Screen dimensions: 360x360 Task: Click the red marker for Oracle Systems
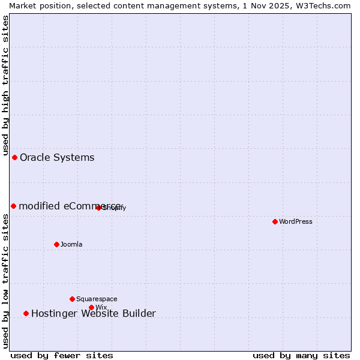tap(14, 157)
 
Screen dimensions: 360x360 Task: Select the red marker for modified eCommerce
tap(13, 206)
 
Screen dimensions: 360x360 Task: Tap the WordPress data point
tap(275, 221)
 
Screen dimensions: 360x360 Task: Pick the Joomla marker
tap(56, 244)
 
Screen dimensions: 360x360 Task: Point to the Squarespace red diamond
tap(72, 299)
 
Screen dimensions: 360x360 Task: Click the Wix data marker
tap(91, 307)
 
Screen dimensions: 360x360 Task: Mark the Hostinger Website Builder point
tap(26, 313)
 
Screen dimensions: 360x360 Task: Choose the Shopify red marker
tap(98, 208)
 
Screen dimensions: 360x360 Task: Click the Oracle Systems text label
tap(57, 158)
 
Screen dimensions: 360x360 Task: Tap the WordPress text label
tap(296, 222)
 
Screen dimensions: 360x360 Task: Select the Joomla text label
tap(71, 245)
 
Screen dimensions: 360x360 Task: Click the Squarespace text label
tap(97, 299)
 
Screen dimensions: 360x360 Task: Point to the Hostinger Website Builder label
tap(93, 314)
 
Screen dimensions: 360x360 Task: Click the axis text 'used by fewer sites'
tap(62, 356)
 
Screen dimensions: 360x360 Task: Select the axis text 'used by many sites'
tap(301, 356)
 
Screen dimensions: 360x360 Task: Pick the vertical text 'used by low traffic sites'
tap(5, 281)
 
